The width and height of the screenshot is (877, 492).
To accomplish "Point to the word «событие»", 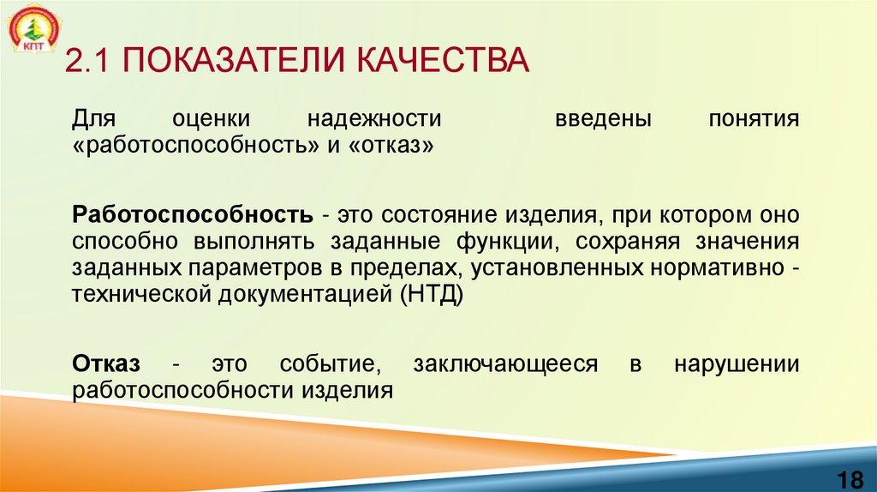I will point(329,363).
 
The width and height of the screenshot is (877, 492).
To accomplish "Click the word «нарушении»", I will point(737,363).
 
